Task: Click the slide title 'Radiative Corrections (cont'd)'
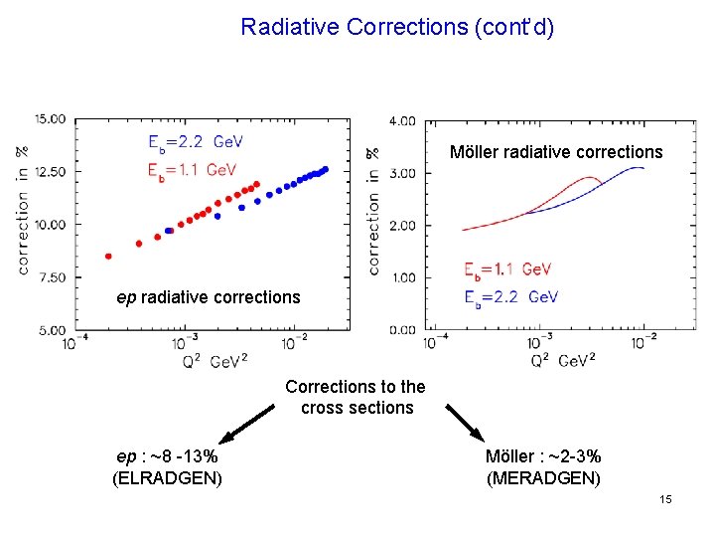pos(397,27)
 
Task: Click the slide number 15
pos(665,498)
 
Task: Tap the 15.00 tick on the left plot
pos(50,119)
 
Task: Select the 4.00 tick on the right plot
pos(402,121)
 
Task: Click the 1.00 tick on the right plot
pos(402,277)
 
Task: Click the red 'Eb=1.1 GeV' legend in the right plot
pos(507,269)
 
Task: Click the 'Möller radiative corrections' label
pos(555,152)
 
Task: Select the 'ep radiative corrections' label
pos(208,297)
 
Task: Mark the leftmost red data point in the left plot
pos(108,256)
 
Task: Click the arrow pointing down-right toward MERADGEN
pos(464,424)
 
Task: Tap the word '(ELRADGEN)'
pos(167,478)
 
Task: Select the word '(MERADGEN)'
pos(543,478)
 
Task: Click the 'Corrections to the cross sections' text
pos(356,397)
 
